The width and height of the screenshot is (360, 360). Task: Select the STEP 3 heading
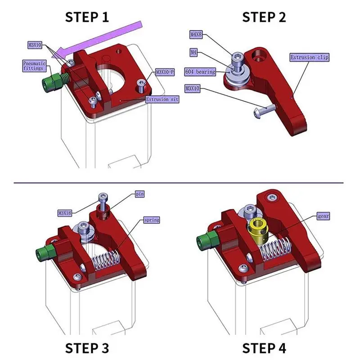87,348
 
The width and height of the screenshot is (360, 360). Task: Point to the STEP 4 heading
264,348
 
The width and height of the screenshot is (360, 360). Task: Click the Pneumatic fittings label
34,66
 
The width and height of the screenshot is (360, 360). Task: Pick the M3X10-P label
165,72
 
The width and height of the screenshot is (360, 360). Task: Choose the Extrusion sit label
162,99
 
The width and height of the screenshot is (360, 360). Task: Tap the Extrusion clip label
310,58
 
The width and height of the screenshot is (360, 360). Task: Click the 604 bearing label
200,72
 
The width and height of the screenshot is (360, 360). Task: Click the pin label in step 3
139,194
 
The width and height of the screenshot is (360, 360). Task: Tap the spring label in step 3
151,220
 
